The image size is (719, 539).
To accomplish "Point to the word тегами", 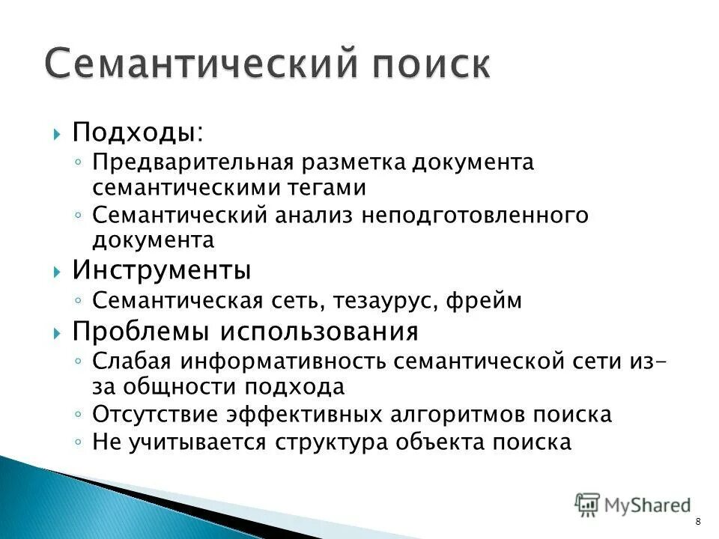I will coord(329,187).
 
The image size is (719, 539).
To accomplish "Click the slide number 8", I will coord(698,522).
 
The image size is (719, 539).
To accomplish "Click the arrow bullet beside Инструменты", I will coord(58,270).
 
